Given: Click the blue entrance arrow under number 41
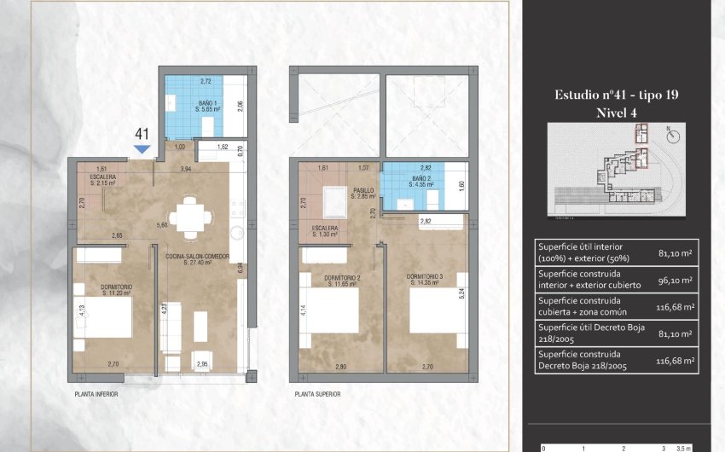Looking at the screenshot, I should pyautogui.click(x=142, y=149).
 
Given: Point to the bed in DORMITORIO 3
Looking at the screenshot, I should pyautogui.click(x=433, y=313).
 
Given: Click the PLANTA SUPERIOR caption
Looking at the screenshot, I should pyautogui.click(x=317, y=394).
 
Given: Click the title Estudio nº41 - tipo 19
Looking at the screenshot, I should pyautogui.click(x=616, y=95).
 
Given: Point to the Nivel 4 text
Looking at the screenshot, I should pyautogui.click(x=616, y=112).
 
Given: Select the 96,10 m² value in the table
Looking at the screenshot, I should pyautogui.click(x=676, y=279).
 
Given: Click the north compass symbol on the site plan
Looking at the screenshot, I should pyautogui.click(x=668, y=133).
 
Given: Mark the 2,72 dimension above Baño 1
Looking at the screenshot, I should pyautogui.click(x=206, y=81).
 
